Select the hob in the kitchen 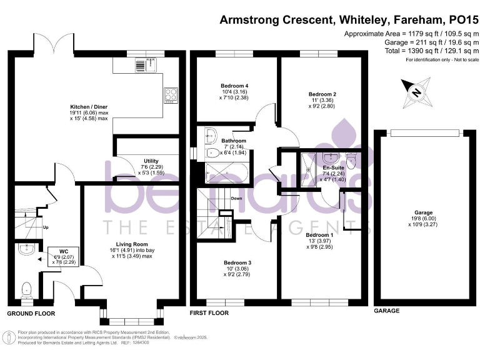pos(171,95)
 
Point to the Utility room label pos(151,161)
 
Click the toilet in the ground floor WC pos(27,289)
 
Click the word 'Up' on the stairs pos(46,227)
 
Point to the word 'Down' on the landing pos(236,199)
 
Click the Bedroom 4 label pos(234,86)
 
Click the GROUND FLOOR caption pos(31,313)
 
